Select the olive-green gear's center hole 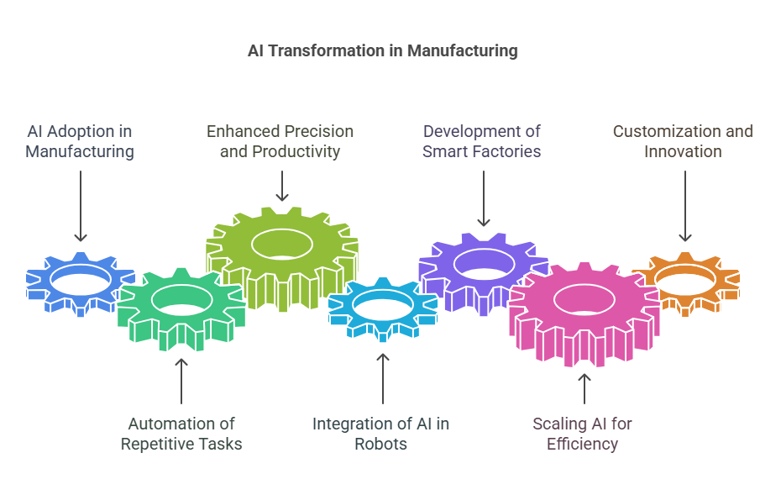[282, 245]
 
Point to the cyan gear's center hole [383, 306]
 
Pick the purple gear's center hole [484, 264]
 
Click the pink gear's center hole [584, 300]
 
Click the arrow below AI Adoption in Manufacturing [81, 206]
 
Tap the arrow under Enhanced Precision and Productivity [282, 186]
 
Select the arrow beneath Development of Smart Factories [484, 198]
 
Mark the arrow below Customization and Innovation [685, 206]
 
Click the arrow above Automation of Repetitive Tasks [181, 381]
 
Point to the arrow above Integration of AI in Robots [383, 378]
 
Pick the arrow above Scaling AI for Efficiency [584, 388]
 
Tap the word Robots [380, 444]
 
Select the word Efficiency [582, 444]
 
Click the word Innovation [683, 151]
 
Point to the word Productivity [296, 151]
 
